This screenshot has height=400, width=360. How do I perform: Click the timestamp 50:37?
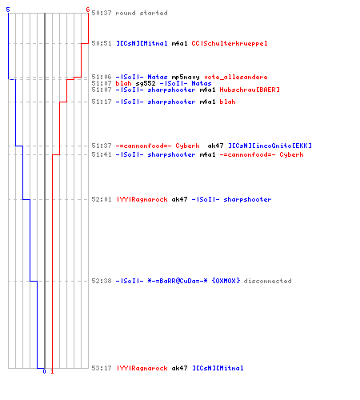coord(102,13)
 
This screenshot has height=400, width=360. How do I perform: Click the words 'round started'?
coord(142,13)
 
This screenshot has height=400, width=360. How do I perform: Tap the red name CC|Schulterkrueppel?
coord(230,43)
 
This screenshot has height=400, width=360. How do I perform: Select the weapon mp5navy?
coord(186,78)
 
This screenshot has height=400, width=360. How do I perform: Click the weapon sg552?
coord(146,83)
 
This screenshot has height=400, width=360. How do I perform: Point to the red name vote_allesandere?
coord(236,78)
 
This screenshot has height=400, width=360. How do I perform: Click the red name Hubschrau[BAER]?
coord(250,90)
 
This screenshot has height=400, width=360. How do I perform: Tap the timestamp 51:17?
coord(102,102)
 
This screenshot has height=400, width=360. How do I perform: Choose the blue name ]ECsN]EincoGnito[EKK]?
coord(270,146)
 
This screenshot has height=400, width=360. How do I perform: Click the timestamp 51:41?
coord(102,154)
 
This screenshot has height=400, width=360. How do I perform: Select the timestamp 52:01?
coord(102,199)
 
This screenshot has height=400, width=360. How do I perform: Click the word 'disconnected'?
coord(267,281)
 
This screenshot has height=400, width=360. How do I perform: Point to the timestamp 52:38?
coord(102,281)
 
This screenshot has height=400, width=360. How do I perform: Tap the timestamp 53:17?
coord(102,368)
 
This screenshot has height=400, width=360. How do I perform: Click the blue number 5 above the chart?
coord(8,10)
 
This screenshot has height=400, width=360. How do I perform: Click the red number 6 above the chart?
coord(88,10)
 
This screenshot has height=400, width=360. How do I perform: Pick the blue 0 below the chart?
coord(44,371)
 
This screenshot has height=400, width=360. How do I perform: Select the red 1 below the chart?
coord(52,371)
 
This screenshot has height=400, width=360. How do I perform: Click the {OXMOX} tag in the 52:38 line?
coord(226,281)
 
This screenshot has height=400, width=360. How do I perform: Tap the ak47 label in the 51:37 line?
coord(215,146)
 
